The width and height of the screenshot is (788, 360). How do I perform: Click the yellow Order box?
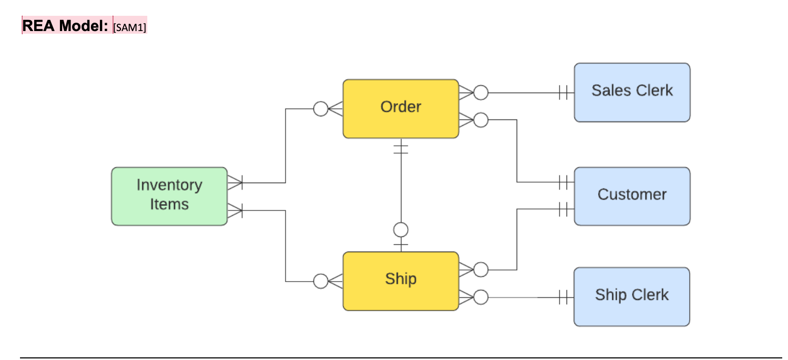click(x=400, y=108)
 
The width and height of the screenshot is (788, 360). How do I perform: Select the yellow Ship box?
click(x=400, y=281)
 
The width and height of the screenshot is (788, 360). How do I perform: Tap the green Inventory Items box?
click(x=169, y=196)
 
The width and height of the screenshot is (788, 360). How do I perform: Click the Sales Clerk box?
click(x=631, y=92)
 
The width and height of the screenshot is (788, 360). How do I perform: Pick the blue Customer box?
click(x=631, y=196)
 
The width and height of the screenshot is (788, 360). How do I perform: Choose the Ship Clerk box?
click(x=631, y=296)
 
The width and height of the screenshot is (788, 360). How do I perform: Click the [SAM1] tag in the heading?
click(x=129, y=26)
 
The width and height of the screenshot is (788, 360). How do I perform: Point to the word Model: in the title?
click(x=84, y=25)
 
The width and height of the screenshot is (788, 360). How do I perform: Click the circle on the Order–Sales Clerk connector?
click(x=481, y=93)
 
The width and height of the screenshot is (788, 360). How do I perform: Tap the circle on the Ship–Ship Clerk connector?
click(x=481, y=297)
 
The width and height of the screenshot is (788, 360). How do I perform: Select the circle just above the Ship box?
click(x=401, y=230)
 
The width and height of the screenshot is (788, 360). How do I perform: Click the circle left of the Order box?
click(x=320, y=109)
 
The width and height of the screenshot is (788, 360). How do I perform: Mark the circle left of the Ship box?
click(x=320, y=281)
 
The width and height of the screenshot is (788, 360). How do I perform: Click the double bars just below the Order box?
click(x=401, y=148)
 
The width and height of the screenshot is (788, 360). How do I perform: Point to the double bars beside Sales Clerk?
click(x=564, y=93)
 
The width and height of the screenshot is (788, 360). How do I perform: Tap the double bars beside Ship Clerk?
click(x=564, y=297)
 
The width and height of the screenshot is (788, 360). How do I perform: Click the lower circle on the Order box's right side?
click(x=481, y=120)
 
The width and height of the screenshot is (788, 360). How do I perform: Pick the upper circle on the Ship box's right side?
click(x=481, y=270)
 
